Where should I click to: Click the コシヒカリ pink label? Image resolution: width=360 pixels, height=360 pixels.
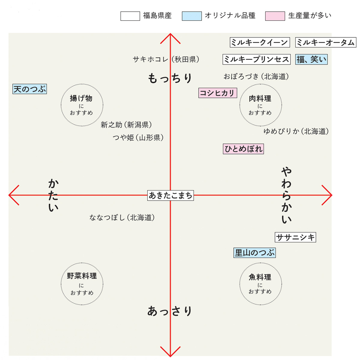pyautogui.click(x=217, y=93)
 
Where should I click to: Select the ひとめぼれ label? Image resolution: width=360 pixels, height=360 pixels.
pyautogui.click(x=243, y=149)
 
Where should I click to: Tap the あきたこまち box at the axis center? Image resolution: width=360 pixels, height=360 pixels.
pyautogui.click(x=170, y=196)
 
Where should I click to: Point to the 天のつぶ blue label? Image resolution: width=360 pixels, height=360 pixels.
pyautogui.click(x=30, y=89)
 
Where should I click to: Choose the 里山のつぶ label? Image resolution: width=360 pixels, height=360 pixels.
pyautogui.click(x=254, y=253)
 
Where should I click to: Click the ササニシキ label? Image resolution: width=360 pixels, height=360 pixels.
pyautogui.click(x=295, y=238)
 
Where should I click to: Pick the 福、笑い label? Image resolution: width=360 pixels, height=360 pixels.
pyautogui.click(x=311, y=59)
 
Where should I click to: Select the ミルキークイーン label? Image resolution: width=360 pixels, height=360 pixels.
pyautogui.click(x=259, y=42)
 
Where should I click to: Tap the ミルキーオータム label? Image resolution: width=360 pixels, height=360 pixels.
pyautogui.click(x=325, y=42)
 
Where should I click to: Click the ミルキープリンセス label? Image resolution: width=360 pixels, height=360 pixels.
pyautogui.click(x=256, y=59)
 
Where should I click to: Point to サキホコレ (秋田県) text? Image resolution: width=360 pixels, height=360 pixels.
pyautogui.click(x=166, y=59)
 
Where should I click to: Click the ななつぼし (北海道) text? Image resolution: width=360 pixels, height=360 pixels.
pyautogui.click(x=122, y=217)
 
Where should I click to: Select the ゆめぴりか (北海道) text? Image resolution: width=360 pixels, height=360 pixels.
pyautogui.click(x=296, y=131)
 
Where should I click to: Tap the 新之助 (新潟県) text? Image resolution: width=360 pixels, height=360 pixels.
pyautogui.click(x=126, y=125)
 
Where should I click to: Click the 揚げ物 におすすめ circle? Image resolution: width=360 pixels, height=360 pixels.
pyautogui.click(x=82, y=105)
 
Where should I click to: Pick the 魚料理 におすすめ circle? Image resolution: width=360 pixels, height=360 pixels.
pyautogui.click(x=260, y=284)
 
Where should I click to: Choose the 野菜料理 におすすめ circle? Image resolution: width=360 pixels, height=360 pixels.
pyautogui.click(x=82, y=284)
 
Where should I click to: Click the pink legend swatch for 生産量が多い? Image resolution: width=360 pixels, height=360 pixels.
pyautogui.click(x=275, y=16)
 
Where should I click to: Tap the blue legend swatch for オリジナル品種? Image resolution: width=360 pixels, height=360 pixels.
pyautogui.click(x=192, y=16)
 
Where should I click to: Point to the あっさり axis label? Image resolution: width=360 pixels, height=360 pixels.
pyautogui.click(x=169, y=311)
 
